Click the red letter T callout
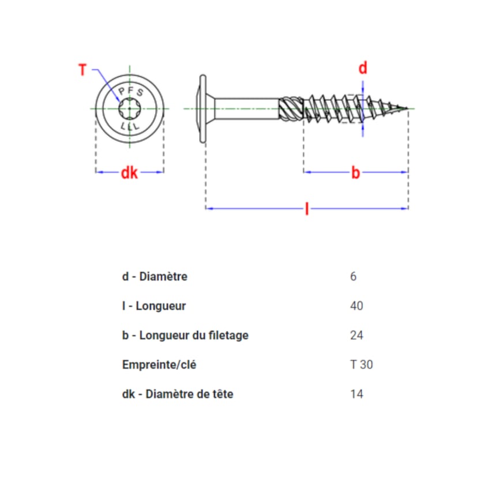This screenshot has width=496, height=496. pyautogui.click(x=82, y=70)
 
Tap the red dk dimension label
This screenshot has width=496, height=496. pyautogui.click(x=129, y=173)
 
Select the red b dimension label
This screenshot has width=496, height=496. pyautogui.click(x=356, y=172)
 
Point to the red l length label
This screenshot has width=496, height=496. pyautogui.click(x=307, y=209)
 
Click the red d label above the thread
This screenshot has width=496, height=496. pyautogui.click(x=363, y=68)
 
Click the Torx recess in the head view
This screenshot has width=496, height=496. pyautogui.click(x=129, y=108)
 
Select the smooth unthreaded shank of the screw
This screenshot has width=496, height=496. pyautogui.click(x=247, y=108)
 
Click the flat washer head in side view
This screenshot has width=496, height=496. pyautogui.click(x=203, y=108)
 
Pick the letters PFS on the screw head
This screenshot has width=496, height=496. pyautogui.click(x=131, y=92)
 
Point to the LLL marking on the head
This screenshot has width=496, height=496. pyautogui.click(x=130, y=126)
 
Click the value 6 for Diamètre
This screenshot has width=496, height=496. pyautogui.click(x=354, y=276)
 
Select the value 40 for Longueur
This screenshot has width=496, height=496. pyautogui.click(x=356, y=306)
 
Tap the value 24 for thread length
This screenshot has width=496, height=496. pyautogui.click(x=356, y=335)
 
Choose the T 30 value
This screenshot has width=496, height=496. pyautogui.click(x=362, y=365)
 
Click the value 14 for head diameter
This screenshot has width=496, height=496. pyautogui.click(x=356, y=394)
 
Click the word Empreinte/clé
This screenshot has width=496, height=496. pyautogui.click(x=159, y=365)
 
